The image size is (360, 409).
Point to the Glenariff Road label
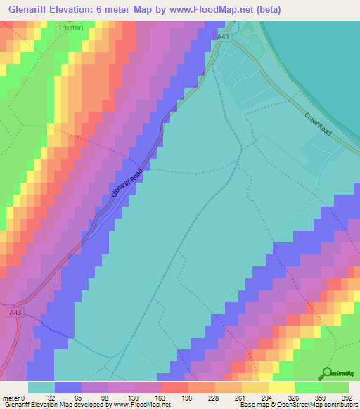pos(127,183)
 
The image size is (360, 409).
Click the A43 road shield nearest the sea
pos(224,37)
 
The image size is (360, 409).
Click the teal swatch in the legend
pos(41,387)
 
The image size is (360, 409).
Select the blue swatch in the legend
pos(68,387)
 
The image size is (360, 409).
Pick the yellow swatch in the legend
pos(282,387)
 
